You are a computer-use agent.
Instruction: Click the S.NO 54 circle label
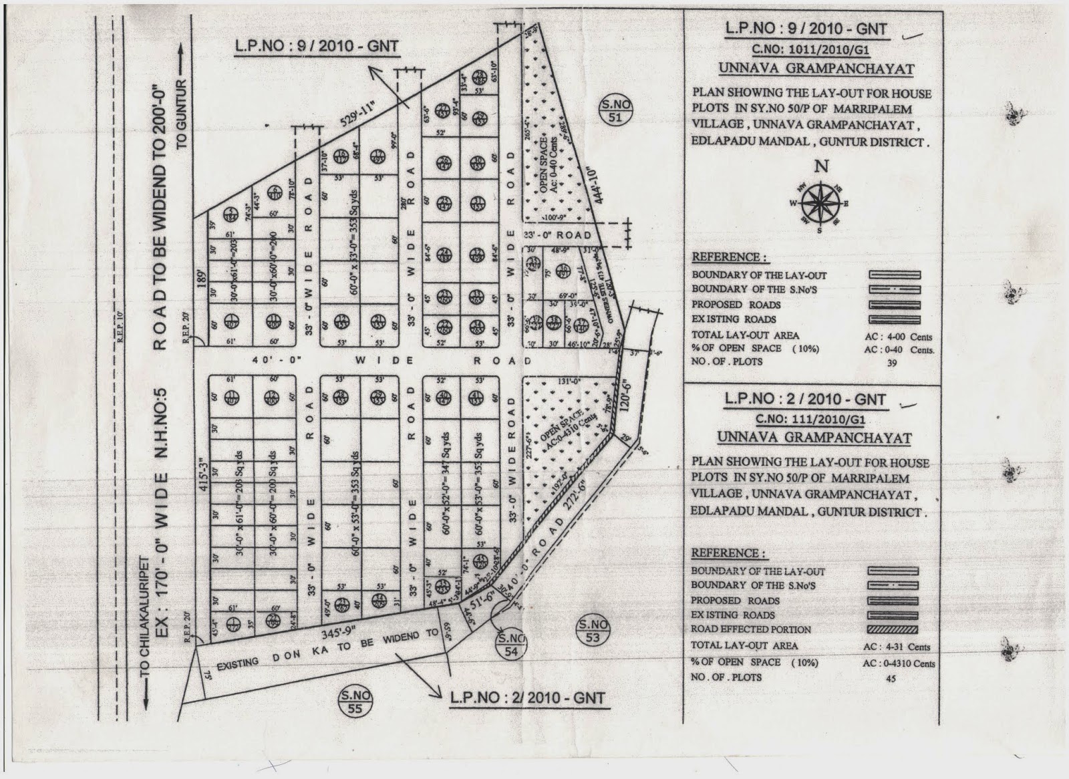(x=512, y=645)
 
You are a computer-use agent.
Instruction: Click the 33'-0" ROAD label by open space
(x=559, y=235)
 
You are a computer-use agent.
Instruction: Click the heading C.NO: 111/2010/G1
(x=813, y=419)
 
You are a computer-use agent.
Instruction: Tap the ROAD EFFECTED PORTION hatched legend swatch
(x=894, y=629)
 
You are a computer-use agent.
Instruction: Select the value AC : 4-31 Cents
(x=897, y=647)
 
